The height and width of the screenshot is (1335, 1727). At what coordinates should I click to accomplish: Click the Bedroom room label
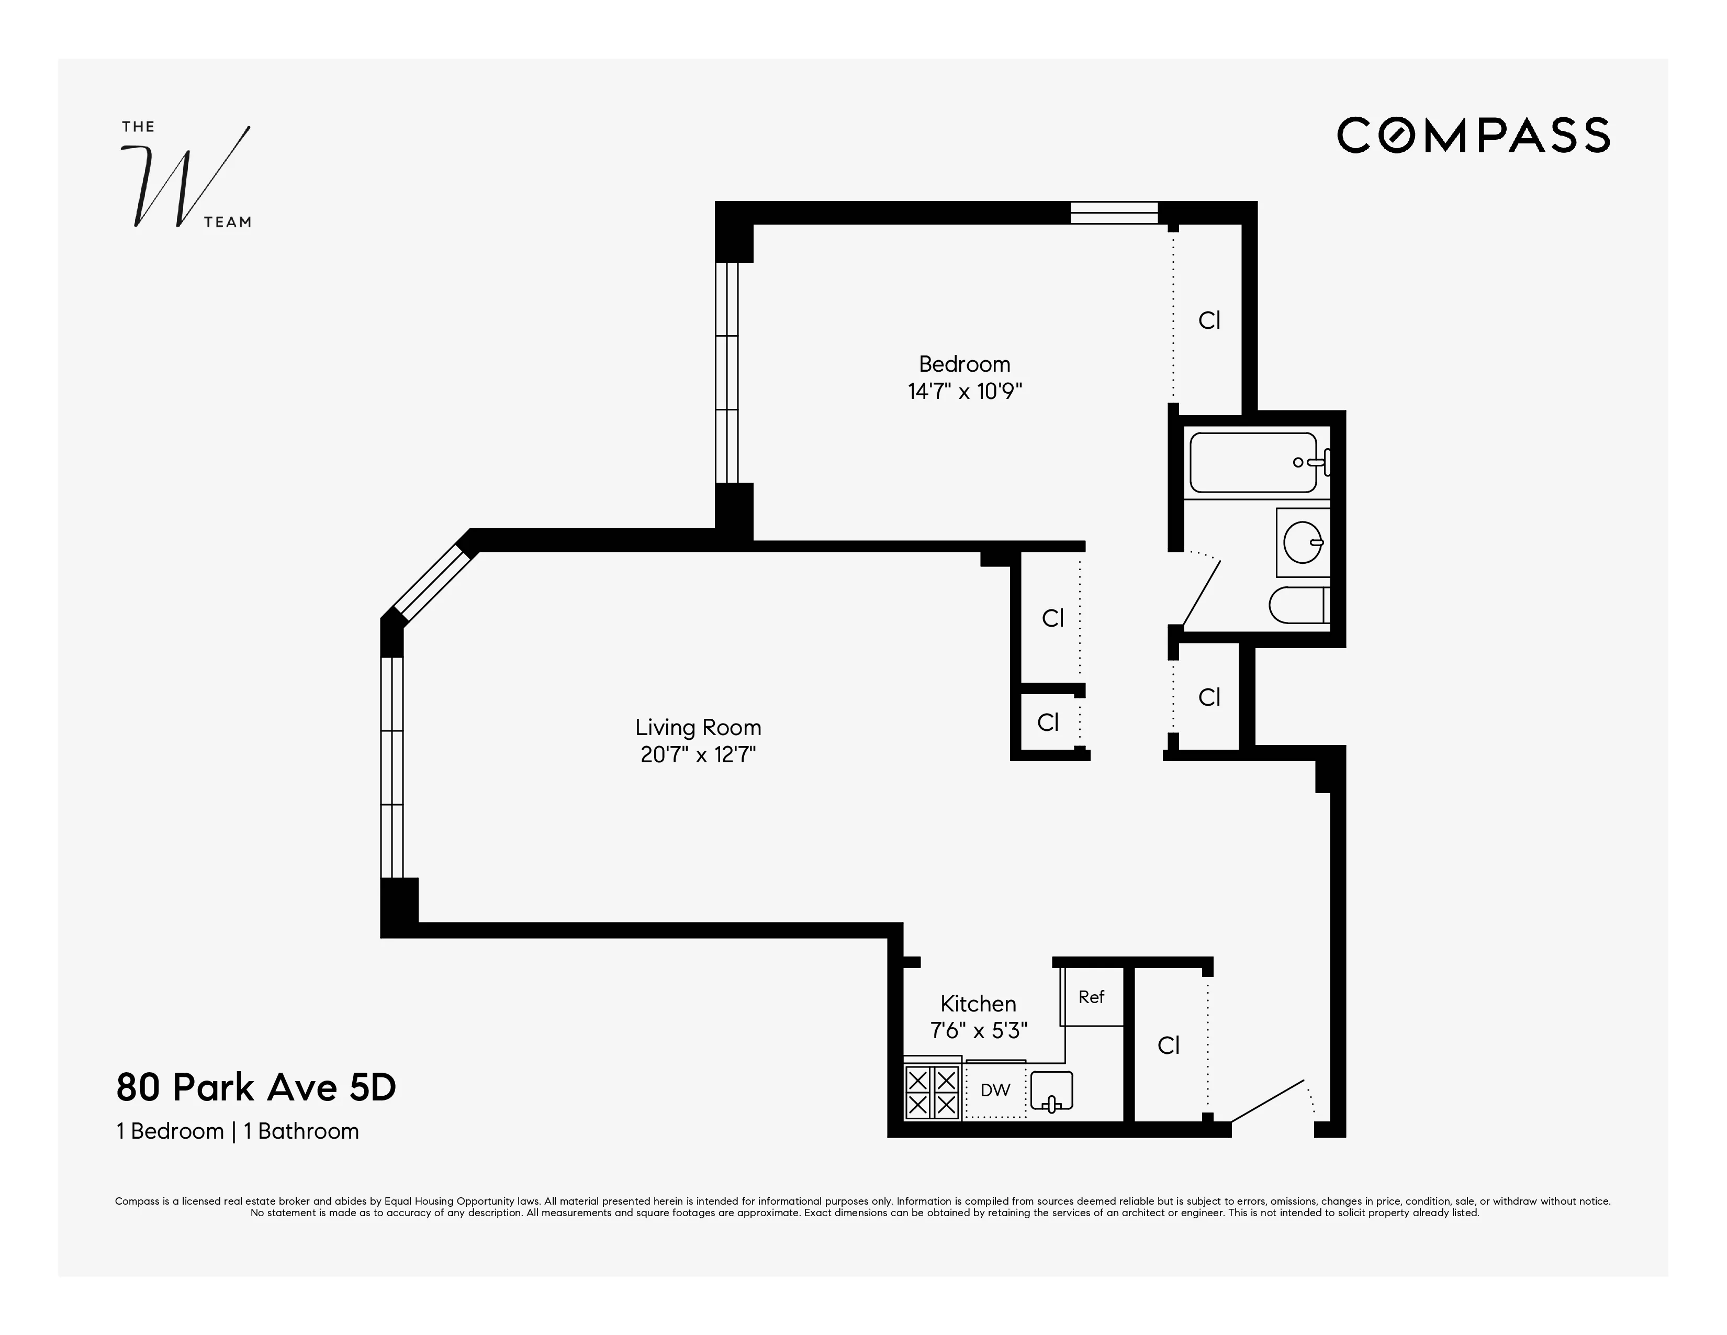click(964, 364)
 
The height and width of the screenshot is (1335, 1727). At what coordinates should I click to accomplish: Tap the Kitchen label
click(978, 1004)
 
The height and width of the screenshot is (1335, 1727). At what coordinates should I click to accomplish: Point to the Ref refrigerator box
click(1091, 997)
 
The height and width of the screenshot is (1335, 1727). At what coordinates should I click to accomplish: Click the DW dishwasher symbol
click(995, 1090)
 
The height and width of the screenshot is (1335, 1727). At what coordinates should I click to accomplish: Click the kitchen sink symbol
click(1052, 1092)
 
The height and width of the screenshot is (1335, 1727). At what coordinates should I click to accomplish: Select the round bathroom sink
click(1302, 542)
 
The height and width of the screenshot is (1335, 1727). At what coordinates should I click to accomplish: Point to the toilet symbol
click(1298, 605)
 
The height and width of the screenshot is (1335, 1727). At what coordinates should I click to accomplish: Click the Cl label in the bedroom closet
click(1209, 320)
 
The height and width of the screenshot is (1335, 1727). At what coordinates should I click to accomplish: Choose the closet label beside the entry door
click(1168, 1045)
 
